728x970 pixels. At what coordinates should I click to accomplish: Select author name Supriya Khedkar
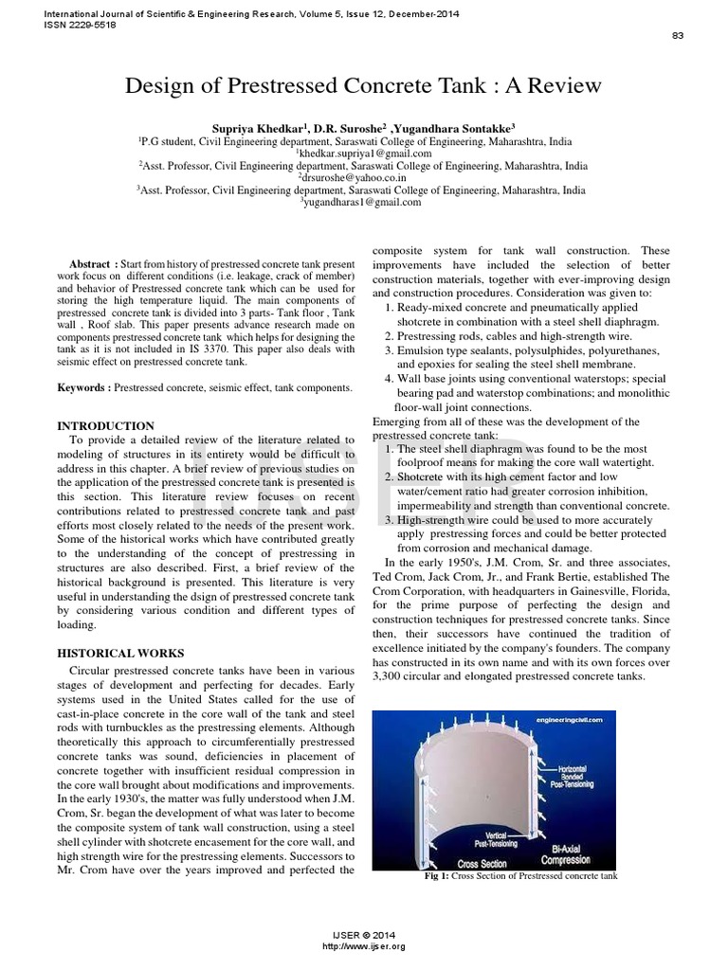(252, 126)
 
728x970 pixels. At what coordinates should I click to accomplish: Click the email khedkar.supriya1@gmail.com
(365, 153)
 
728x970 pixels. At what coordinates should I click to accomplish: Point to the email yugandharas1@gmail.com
(363, 202)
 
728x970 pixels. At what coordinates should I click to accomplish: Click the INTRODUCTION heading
(106, 426)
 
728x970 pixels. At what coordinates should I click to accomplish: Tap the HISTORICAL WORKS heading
(120, 653)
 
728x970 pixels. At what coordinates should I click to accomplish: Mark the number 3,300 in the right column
(391, 676)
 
